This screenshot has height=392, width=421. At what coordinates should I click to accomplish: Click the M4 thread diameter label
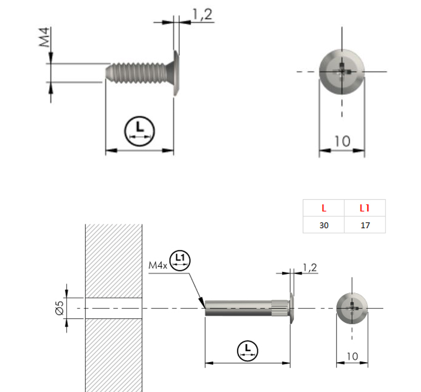(44, 37)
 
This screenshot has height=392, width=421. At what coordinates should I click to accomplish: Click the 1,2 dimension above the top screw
(203, 14)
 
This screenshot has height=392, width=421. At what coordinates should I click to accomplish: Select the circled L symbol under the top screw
(140, 131)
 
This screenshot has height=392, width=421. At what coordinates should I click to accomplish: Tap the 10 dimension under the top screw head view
(342, 141)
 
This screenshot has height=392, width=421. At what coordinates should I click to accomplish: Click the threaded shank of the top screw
(136, 73)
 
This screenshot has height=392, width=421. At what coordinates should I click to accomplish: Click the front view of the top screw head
(342, 72)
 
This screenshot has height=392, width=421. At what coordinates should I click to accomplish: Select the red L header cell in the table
(324, 208)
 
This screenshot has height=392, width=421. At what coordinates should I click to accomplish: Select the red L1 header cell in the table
(365, 208)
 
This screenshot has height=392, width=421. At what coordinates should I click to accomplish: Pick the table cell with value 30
(324, 225)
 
